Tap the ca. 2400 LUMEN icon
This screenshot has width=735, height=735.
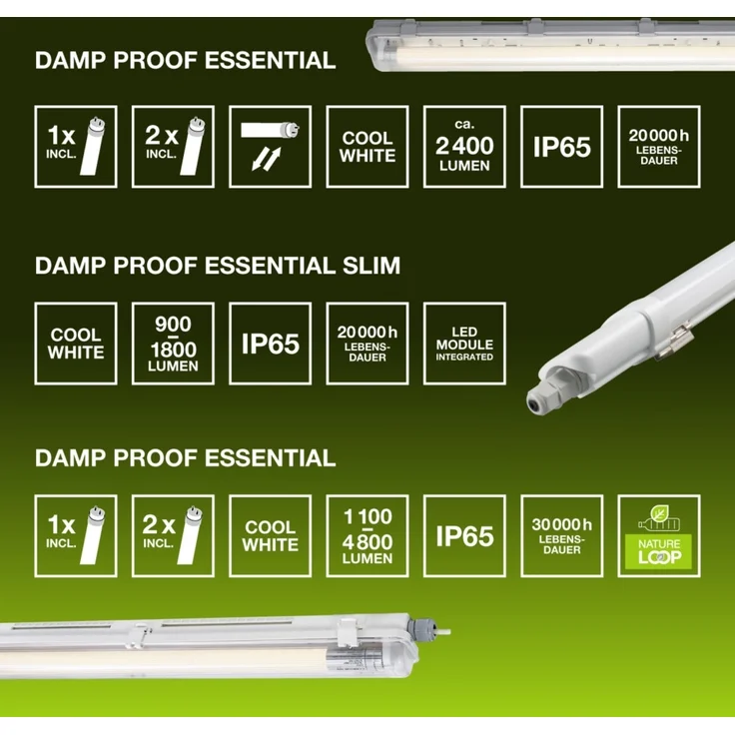click(464, 147)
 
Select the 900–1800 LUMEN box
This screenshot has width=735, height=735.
click(173, 344)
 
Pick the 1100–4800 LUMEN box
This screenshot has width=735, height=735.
click(367, 535)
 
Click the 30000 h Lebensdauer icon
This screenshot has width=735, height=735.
click(562, 535)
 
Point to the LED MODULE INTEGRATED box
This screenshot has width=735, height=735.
click(464, 344)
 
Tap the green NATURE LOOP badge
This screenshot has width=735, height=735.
click(659, 535)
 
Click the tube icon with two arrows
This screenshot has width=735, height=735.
click(270, 147)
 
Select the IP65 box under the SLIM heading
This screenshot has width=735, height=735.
click(270, 344)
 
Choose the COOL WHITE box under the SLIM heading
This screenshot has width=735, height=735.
click(76, 344)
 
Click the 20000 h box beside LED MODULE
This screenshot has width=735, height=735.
click(367, 344)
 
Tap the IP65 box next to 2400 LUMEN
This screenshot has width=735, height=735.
click(562, 147)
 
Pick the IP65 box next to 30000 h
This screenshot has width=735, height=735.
click(464, 535)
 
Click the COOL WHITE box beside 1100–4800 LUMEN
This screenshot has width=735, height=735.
click(270, 535)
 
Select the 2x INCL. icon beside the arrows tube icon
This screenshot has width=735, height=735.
click(173, 147)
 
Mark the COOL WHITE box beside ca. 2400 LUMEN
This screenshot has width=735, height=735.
click(367, 147)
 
